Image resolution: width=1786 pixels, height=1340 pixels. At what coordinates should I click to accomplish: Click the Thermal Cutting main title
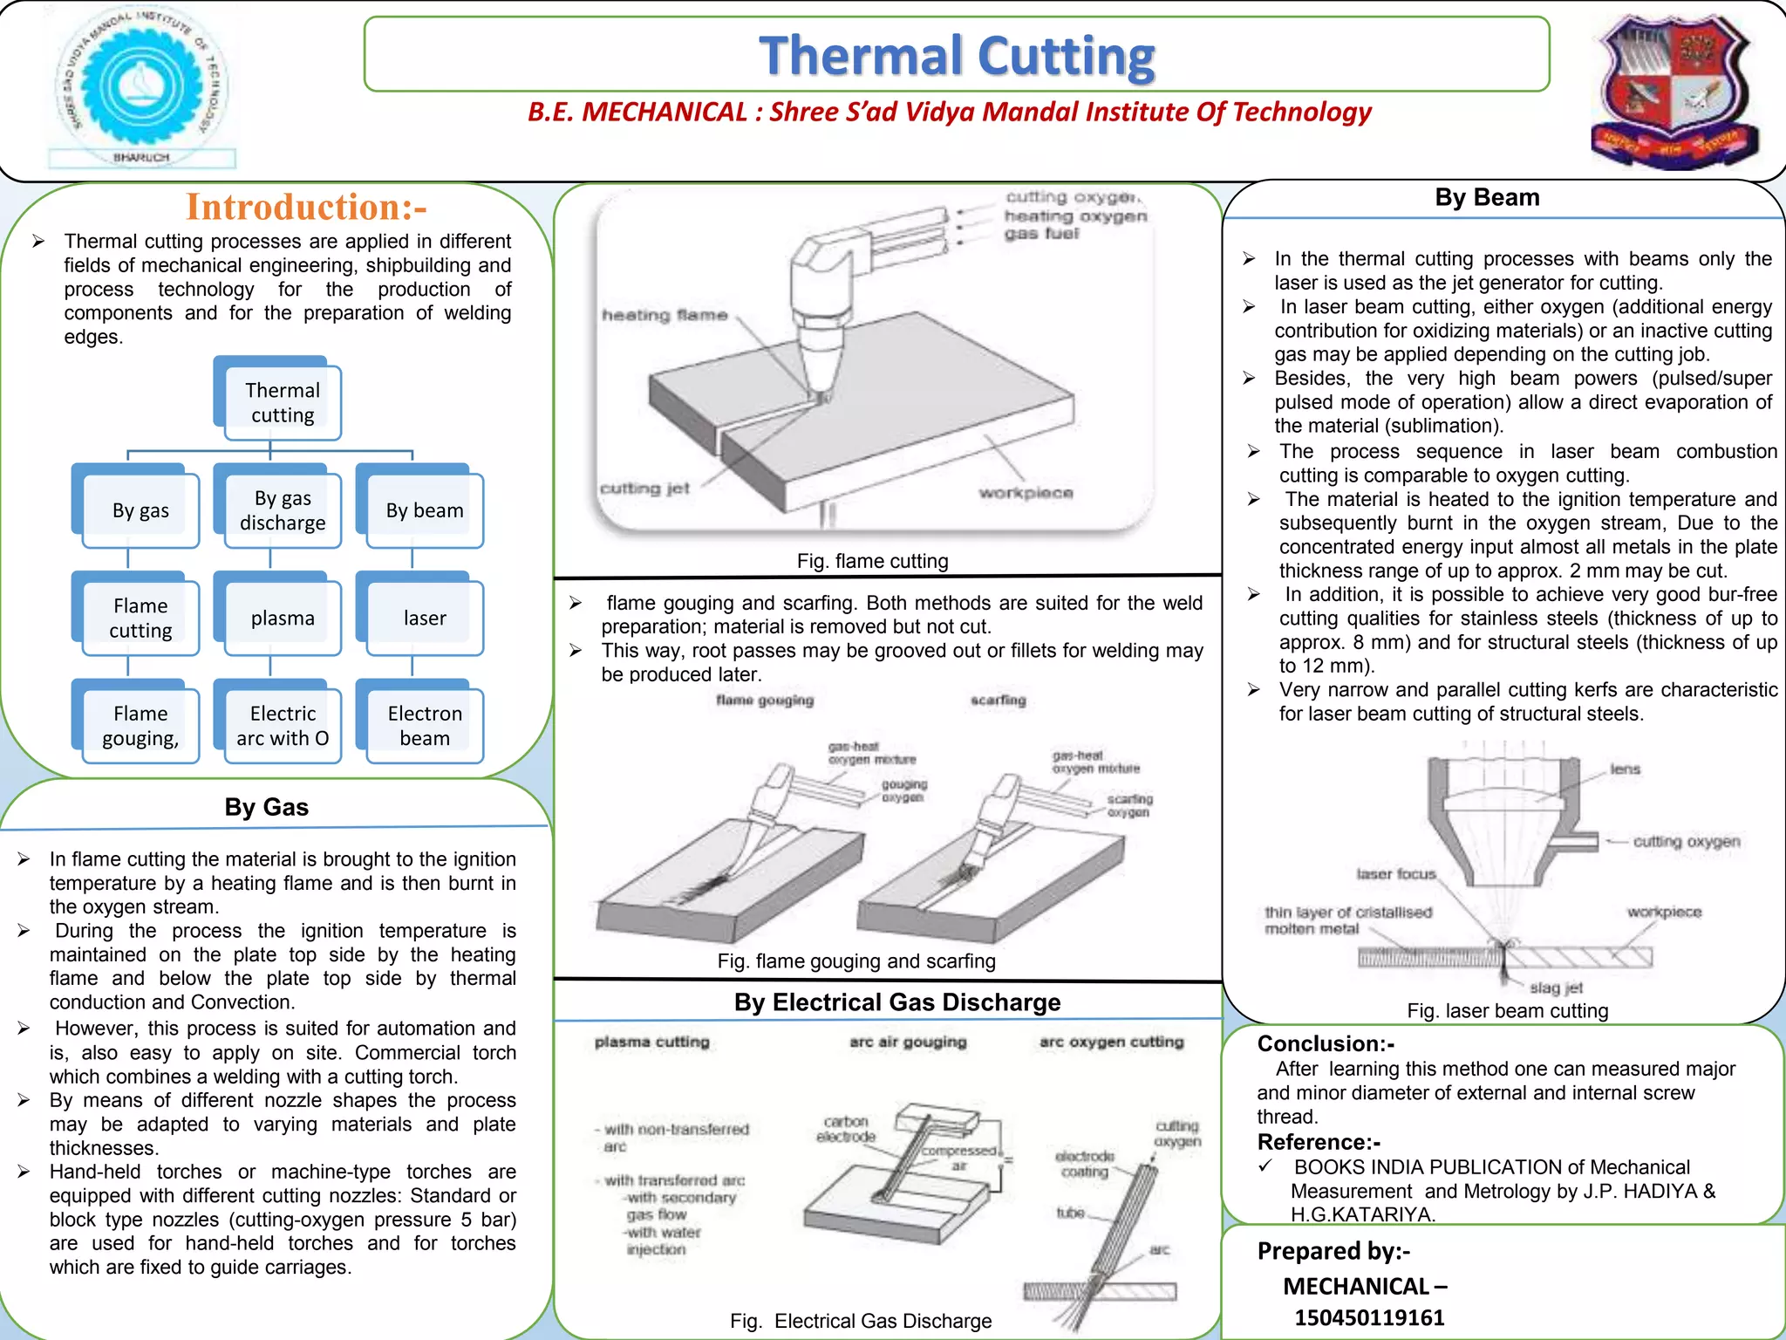(957, 55)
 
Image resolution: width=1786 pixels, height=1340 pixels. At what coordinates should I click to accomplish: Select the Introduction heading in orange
(306, 208)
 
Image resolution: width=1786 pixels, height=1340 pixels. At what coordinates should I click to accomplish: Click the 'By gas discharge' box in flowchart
(282, 510)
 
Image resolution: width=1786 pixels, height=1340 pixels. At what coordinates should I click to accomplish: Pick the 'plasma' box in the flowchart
(282, 618)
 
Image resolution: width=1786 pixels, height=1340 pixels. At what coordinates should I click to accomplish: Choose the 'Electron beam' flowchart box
(424, 725)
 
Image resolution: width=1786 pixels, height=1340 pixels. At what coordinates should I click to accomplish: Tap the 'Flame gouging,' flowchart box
(140, 725)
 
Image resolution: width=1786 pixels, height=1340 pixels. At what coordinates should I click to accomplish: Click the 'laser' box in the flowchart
(424, 618)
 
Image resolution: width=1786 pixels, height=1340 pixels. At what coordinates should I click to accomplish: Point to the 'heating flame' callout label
(665, 315)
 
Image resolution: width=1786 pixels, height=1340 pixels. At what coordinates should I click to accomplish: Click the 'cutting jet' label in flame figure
(644, 489)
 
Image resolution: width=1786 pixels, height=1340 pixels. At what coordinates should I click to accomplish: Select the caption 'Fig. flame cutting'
(872, 561)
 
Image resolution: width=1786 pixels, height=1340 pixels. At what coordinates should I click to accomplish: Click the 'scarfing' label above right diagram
(998, 700)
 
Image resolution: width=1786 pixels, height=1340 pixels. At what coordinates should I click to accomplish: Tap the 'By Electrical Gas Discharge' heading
(896, 1002)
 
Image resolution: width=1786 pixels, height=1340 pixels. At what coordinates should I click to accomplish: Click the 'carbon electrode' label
(845, 1129)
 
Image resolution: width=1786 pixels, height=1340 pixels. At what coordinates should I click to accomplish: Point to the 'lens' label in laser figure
(1625, 769)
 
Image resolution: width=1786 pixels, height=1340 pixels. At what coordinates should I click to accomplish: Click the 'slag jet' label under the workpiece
(1556, 988)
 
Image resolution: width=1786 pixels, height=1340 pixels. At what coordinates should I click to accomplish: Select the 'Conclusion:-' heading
(1325, 1043)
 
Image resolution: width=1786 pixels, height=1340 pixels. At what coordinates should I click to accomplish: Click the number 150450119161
(1369, 1317)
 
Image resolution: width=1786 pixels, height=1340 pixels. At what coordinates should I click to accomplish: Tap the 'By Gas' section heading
(266, 807)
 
